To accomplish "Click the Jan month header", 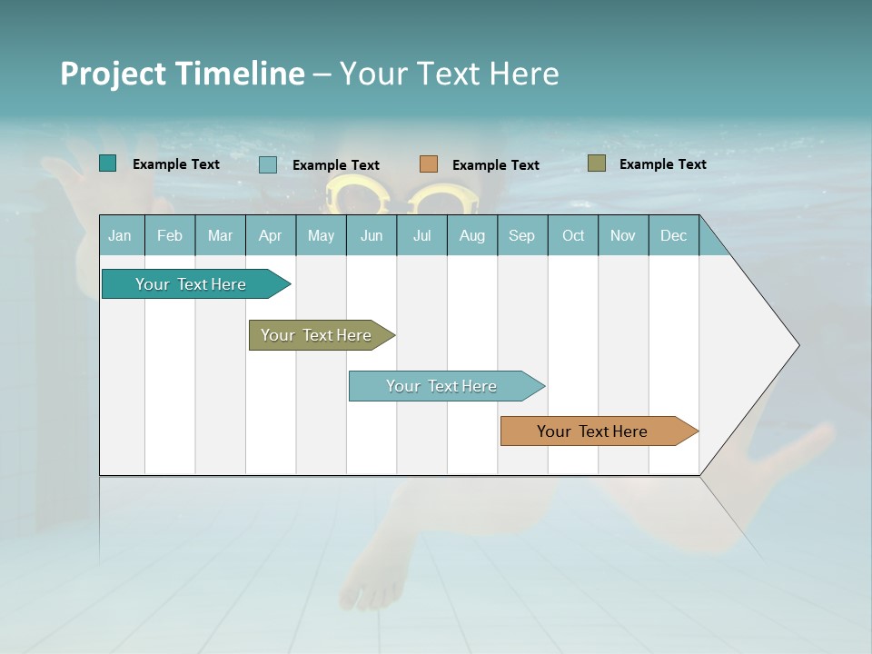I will click(x=120, y=236).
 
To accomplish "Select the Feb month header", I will click(x=170, y=236).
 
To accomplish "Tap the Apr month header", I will click(x=270, y=236).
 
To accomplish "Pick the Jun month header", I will click(x=372, y=236).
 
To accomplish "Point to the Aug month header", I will click(x=471, y=236).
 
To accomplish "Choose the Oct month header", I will click(x=573, y=236).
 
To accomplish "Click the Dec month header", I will click(x=673, y=236).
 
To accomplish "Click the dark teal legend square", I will click(x=108, y=163).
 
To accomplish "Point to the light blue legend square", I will click(x=268, y=164).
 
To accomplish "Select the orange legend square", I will click(x=429, y=164).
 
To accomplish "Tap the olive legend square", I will click(x=597, y=163).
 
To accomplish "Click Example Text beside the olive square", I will click(x=662, y=164).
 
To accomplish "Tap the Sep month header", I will click(x=521, y=236).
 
